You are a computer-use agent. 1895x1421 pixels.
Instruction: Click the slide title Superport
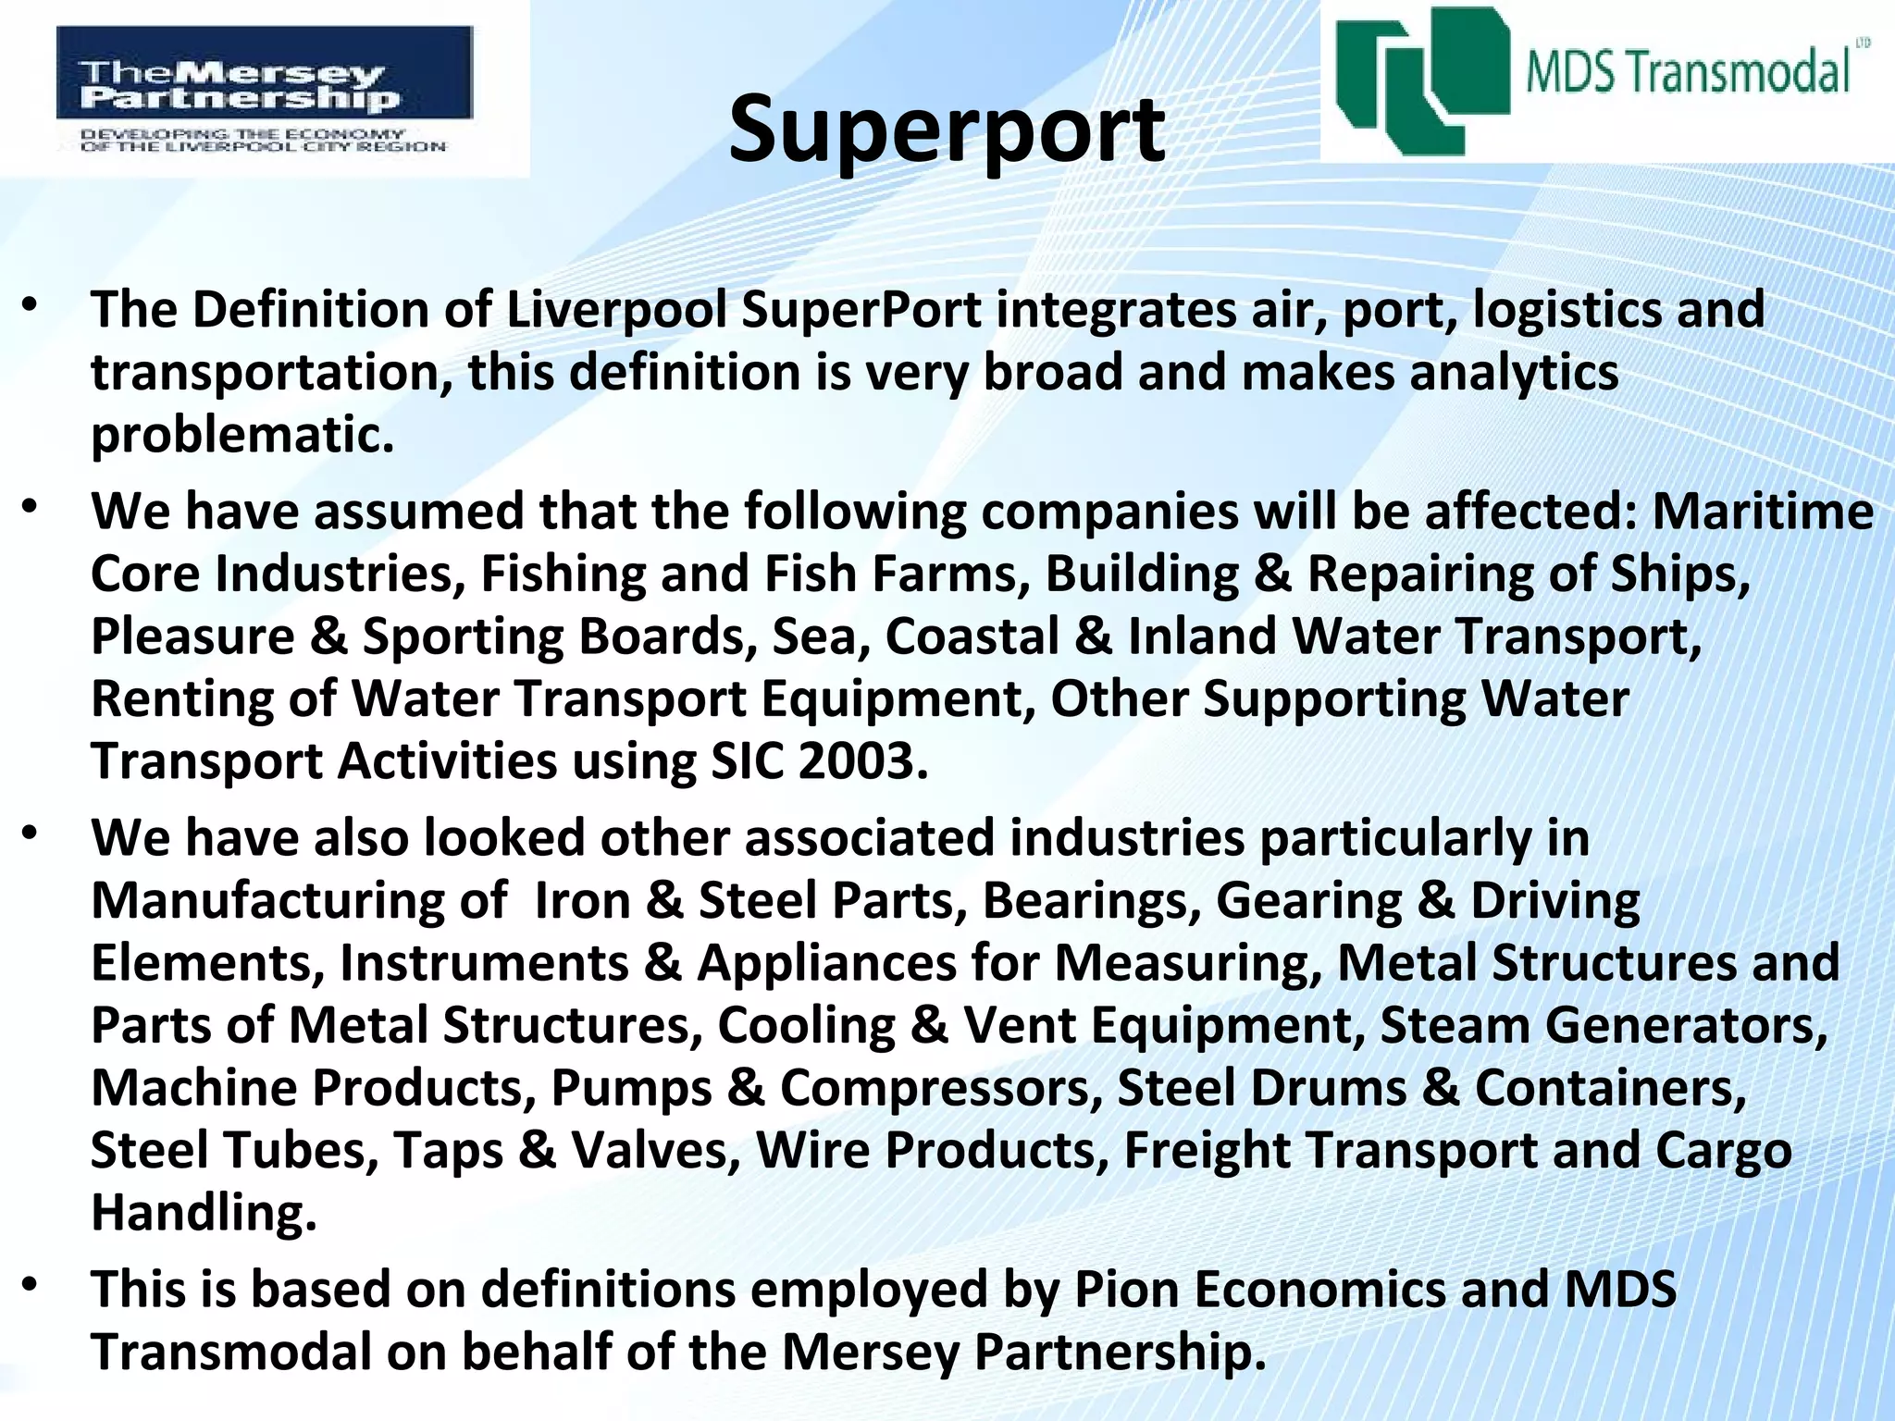point(946,130)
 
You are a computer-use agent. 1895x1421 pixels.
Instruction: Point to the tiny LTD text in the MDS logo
point(1860,43)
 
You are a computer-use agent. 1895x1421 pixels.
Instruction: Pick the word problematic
point(242,435)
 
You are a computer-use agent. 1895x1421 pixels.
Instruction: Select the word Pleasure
point(192,636)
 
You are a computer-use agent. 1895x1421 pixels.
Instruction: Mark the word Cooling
point(806,1025)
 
